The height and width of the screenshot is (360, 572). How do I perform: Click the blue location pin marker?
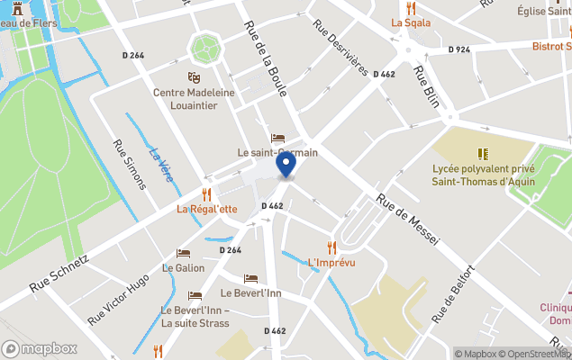point(286,165)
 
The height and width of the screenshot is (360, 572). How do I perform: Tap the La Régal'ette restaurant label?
point(206,209)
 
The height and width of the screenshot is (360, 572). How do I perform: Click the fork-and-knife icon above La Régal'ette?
point(206,193)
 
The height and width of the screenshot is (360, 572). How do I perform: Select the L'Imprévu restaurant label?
point(331,263)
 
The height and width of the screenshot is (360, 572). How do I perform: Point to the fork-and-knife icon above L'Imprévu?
point(331,247)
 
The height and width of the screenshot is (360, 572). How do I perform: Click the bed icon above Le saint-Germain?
point(277,138)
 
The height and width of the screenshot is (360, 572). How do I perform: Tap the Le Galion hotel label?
point(183,268)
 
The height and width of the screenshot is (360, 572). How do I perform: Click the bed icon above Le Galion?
point(183,253)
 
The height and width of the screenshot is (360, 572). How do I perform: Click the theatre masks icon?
point(194,78)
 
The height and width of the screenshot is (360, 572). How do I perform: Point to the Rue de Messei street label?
point(407,222)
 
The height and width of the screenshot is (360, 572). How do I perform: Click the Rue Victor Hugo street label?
point(120,301)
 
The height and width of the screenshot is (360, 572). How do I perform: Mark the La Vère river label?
point(160,163)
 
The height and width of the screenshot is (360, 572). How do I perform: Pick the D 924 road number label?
point(459,50)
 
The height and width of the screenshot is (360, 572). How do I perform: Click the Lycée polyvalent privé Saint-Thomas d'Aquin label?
point(484,175)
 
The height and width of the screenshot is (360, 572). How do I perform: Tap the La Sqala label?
point(411,23)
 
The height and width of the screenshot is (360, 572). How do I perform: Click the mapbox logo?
point(40,348)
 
